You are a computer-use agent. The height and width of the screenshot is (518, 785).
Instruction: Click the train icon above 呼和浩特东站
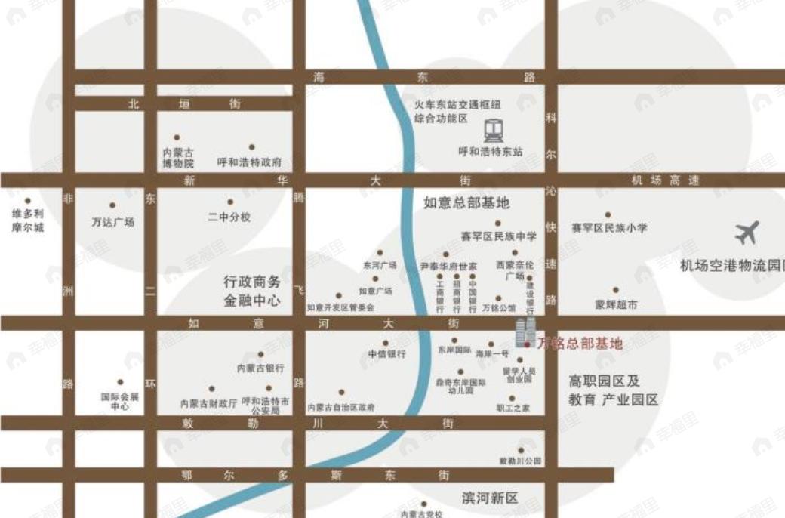coord(494,131)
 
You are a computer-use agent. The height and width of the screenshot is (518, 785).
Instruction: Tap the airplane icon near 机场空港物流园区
coord(747,233)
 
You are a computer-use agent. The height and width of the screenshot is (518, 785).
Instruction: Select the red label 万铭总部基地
coord(580,344)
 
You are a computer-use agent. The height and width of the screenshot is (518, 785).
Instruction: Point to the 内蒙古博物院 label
coord(178,157)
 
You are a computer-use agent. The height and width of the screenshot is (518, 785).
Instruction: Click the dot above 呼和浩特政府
coord(251,147)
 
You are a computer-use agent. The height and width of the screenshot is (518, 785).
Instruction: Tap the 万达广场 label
coord(112,222)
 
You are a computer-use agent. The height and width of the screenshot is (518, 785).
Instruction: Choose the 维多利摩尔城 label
coord(28,220)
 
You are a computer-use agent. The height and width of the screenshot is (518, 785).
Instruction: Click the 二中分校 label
coord(229,217)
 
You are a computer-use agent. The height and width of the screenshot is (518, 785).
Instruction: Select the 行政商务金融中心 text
coord(251,291)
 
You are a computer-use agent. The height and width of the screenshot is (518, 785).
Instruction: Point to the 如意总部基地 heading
coord(466,202)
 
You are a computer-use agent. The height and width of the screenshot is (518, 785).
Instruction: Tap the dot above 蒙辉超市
coord(615,290)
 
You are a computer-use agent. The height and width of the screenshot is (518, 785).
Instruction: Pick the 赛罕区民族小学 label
coord(608,227)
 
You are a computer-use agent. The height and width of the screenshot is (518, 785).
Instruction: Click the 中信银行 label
coord(387,353)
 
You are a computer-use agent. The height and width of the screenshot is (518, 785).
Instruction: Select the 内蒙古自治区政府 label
coord(340,407)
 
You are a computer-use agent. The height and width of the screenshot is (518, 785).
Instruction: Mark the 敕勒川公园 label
coord(520,461)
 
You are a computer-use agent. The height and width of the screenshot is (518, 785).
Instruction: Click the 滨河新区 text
coord(491,498)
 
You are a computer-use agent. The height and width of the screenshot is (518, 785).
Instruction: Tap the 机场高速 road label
coord(665,180)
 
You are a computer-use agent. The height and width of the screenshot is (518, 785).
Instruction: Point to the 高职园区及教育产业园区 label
coord(613,391)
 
